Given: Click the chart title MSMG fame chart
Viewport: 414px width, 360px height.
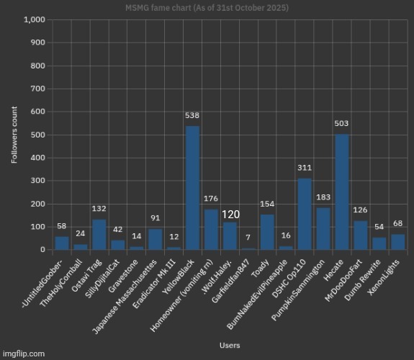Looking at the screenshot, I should tap(207, 8).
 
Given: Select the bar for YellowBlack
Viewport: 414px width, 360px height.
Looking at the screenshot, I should tap(192, 187).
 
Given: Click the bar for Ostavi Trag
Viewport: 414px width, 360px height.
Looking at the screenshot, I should tap(99, 234).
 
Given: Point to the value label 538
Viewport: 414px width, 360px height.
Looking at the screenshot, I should tap(192, 115).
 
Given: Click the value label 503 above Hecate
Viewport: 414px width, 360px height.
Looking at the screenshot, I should tap(342, 123).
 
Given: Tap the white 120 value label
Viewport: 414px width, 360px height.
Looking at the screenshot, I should tap(230, 215).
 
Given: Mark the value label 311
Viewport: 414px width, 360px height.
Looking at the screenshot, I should tap(305, 168).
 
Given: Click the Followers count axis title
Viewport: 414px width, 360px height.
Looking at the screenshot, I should tap(14, 135).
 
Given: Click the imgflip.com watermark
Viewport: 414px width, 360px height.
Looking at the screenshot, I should tap(23, 354).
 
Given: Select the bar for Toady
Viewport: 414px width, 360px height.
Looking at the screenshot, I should tap(267, 232).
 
